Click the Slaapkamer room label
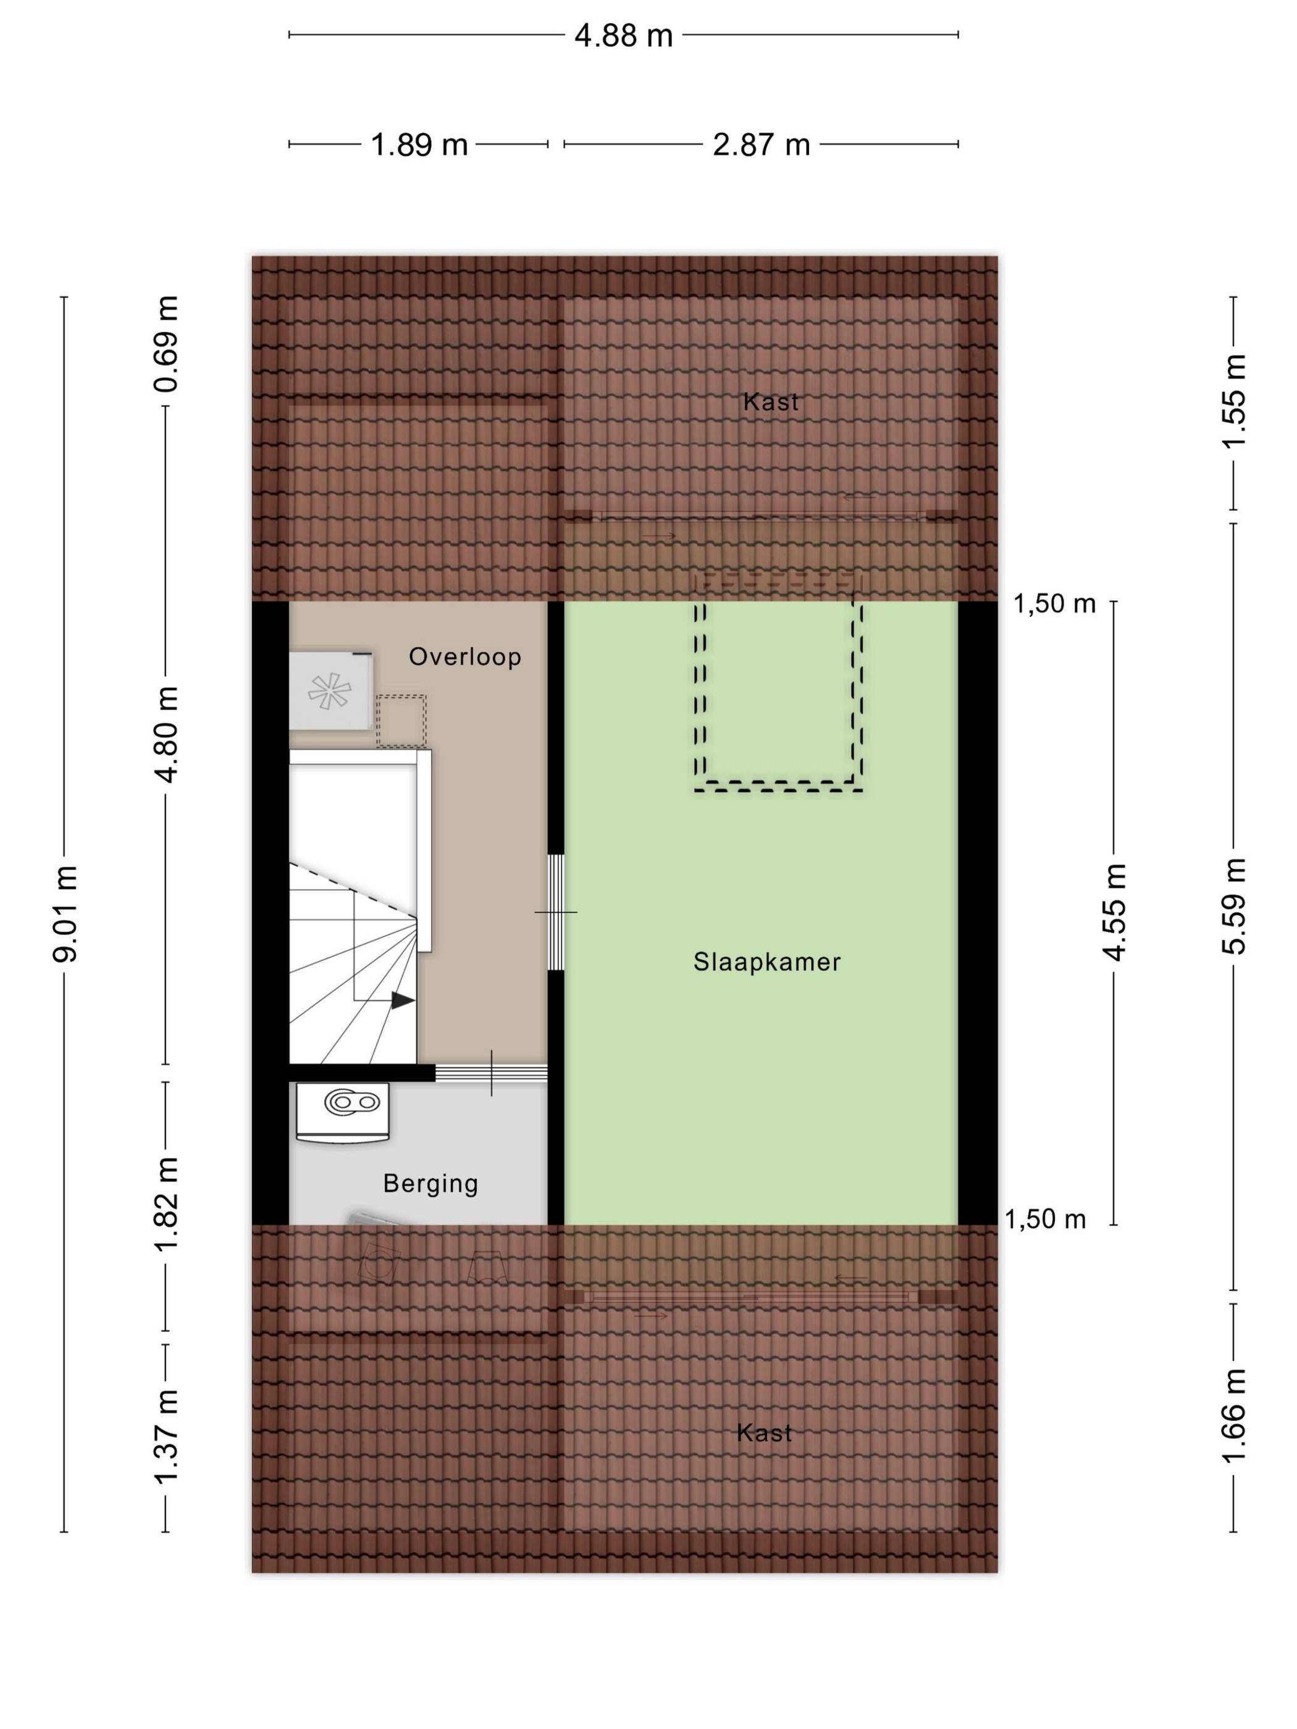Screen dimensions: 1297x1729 (766, 961)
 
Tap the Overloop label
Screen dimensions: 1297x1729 (465, 656)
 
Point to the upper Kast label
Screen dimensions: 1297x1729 (771, 402)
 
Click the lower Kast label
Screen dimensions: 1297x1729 (765, 1433)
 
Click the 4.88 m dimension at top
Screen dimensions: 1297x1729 (623, 36)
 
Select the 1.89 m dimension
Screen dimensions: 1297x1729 (419, 144)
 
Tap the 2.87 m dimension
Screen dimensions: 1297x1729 (761, 144)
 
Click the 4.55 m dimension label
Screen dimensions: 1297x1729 (1114, 912)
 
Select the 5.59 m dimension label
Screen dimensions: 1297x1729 (1233, 906)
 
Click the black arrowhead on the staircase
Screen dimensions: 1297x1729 (403, 1000)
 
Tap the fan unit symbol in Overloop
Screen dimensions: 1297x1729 (330, 691)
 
